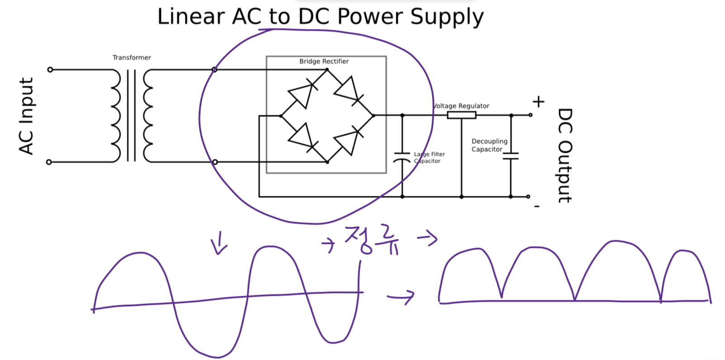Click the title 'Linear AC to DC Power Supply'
(320, 17)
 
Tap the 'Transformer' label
(132, 57)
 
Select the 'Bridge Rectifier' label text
(324, 61)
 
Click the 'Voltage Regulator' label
(462, 106)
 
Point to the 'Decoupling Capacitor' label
(489, 145)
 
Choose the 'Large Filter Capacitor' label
(429, 157)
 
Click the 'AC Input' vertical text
(26, 116)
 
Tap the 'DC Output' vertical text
(565, 155)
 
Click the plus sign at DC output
(538, 102)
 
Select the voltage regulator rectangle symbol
(462, 115)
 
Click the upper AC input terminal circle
(50, 70)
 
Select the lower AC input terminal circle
(49, 162)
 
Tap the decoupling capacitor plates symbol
(511, 156)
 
